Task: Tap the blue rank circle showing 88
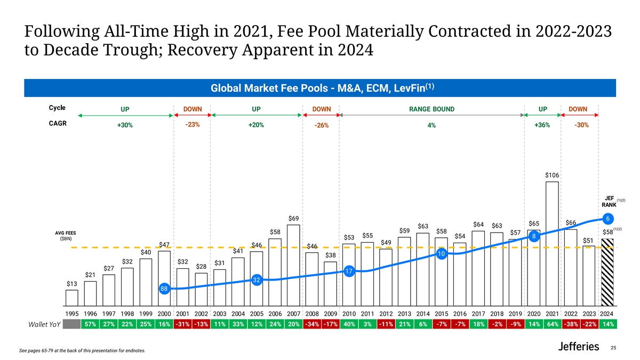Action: point(164,289)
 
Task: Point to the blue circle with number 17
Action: point(349,271)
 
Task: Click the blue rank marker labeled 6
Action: point(606,218)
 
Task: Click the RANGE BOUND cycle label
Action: point(431,109)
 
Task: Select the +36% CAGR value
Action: point(542,125)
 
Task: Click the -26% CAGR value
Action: point(321,126)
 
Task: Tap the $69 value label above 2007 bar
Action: point(293,219)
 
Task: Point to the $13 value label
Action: point(72,284)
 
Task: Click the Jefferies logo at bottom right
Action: point(578,347)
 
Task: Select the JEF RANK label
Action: point(609,201)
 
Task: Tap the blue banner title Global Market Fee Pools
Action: point(320,87)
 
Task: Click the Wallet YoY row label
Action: point(44,325)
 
